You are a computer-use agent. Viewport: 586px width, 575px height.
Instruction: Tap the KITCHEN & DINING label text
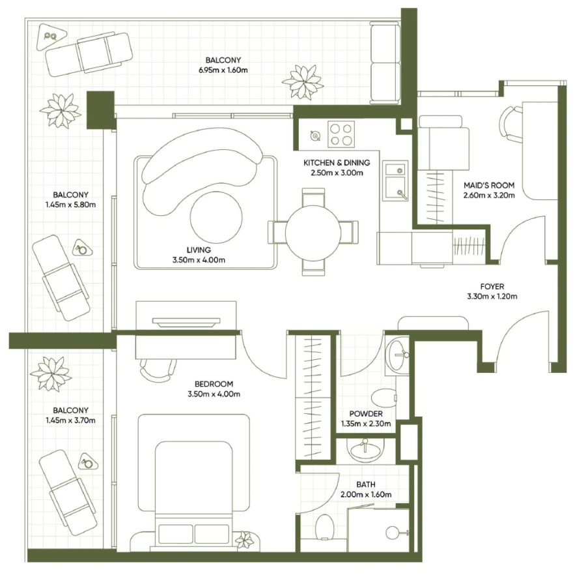337,162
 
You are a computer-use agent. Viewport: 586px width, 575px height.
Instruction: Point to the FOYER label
492,286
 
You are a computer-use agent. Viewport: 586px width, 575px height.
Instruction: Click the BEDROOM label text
214,384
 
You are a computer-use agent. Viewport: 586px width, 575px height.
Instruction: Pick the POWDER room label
365,414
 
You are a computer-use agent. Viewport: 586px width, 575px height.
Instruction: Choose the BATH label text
365,485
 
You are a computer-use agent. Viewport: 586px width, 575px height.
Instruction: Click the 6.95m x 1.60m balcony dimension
224,68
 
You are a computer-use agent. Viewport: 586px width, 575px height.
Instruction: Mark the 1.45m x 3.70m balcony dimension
71,420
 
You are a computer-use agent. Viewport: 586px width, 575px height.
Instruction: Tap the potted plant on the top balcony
303,81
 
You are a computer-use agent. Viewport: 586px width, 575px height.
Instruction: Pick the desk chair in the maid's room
510,124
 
